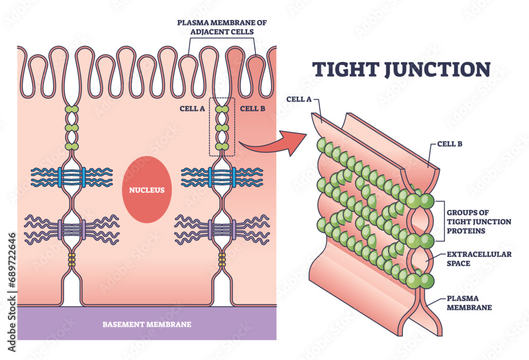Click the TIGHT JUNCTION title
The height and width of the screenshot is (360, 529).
400,70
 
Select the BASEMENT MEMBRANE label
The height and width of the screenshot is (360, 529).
147,324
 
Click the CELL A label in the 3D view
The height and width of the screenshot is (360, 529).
298,99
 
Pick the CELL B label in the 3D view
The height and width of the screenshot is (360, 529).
450,143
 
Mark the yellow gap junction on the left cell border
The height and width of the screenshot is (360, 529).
71,259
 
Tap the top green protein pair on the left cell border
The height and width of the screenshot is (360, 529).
71,110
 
